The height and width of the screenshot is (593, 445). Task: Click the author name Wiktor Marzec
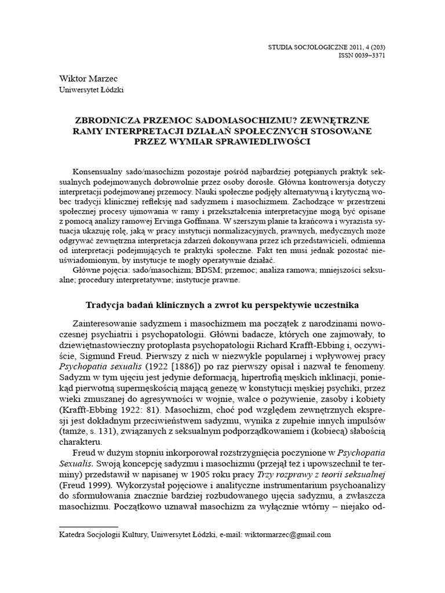pyautogui.click(x=85, y=78)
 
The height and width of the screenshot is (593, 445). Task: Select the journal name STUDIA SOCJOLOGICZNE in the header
pyautogui.click(x=318, y=47)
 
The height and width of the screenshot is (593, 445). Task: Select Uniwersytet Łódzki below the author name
pyautogui.click(x=92, y=90)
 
